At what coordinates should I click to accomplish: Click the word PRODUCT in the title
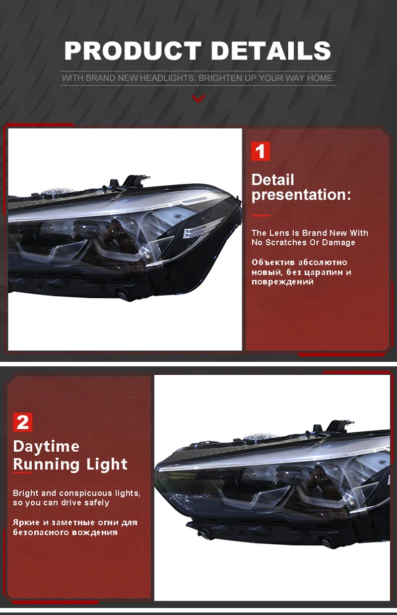click(132, 51)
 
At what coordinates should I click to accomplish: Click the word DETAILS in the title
click(270, 51)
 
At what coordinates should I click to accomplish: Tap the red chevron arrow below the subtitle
click(198, 99)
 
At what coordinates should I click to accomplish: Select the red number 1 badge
click(261, 151)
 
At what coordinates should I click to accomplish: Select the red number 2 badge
click(23, 422)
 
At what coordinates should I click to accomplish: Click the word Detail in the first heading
click(272, 180)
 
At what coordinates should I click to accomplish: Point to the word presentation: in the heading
click(301, 195)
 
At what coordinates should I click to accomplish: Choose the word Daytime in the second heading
click(46, 446)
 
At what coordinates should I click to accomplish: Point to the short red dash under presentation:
click(261, 215)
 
